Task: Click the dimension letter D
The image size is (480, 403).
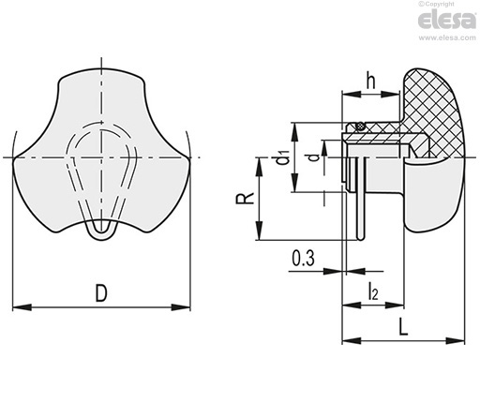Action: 101,292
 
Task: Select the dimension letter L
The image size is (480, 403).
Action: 404,326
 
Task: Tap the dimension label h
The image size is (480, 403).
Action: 370,81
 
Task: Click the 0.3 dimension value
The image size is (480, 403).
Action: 303,259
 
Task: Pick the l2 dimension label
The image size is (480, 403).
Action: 373,291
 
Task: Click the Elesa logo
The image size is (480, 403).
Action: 447,20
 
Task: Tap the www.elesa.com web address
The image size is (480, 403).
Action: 447,37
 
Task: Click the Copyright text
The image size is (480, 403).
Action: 436,4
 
